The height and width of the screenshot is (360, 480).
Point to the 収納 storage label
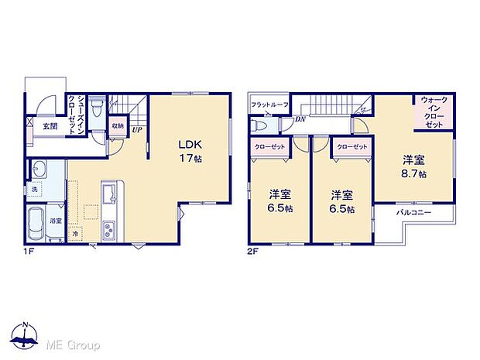point(118,125)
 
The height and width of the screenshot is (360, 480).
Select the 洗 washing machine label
point(34,190)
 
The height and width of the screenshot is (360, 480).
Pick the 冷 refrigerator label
point(75,233)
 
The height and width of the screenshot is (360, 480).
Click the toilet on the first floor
point(96,108)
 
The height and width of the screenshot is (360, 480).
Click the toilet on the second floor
point(261,126)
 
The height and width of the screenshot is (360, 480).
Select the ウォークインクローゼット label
point(433,112)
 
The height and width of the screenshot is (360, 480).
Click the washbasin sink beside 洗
point(39,169)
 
